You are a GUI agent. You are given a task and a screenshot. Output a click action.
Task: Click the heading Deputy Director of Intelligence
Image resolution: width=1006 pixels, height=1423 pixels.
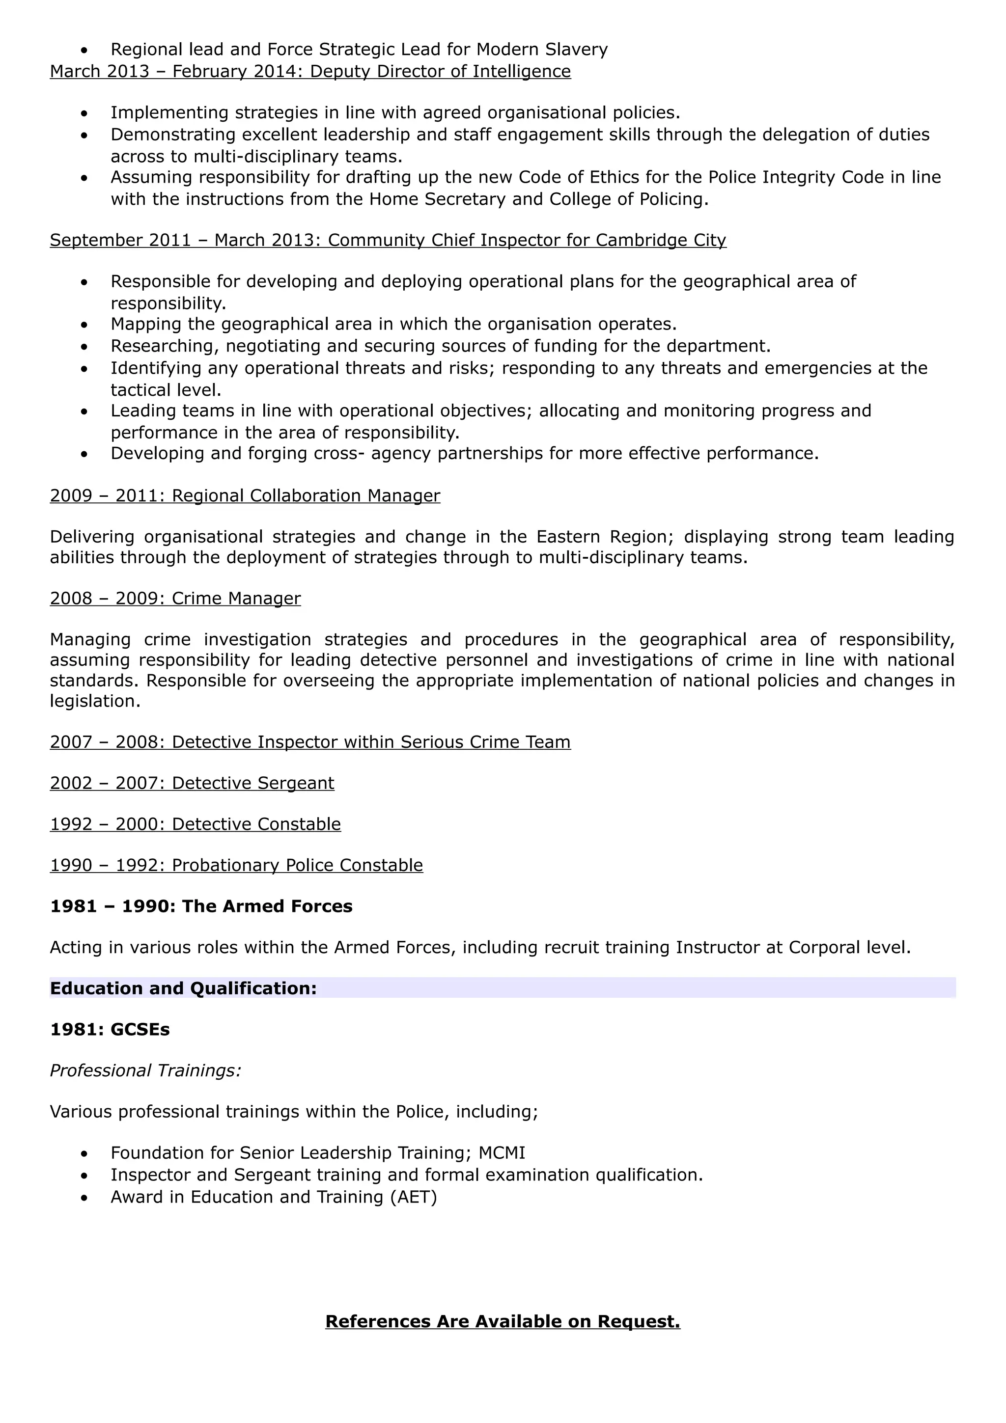coord(440,72)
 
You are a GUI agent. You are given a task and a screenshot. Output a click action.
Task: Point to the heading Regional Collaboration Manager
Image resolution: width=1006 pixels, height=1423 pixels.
coord(306,496)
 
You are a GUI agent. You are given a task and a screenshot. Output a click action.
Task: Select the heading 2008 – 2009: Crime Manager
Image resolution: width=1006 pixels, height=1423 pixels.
coord(175,599)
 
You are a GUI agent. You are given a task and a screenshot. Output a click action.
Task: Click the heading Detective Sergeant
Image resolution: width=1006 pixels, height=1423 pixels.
coord(253,783)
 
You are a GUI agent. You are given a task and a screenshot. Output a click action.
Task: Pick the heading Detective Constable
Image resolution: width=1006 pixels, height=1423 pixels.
coord(256,824)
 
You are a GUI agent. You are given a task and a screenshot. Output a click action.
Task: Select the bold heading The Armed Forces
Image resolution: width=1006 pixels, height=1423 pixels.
coord(267,907)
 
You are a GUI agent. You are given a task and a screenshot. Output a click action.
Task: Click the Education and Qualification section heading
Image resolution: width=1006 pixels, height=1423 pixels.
coord(184,988)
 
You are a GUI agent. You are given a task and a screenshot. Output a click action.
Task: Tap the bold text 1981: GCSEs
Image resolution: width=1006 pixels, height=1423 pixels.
coord(110,1030)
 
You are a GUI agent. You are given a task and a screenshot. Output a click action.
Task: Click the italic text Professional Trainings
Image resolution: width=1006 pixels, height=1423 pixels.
coord(145,1071)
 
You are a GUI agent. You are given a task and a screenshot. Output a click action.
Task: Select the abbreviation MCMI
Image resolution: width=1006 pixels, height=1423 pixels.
coord(502,1153)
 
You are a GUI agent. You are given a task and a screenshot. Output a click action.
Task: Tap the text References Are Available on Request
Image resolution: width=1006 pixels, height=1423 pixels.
coord(503,1321)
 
